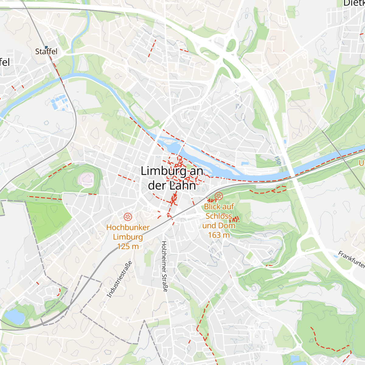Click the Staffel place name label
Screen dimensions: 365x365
[x=46, y=51]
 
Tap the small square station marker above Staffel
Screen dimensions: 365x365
[x=46, y=47]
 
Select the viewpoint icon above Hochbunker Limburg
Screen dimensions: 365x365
[x=128, y=217]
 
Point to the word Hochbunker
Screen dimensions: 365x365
[x=128, y=228]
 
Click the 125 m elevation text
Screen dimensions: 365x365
[x=128, y=246]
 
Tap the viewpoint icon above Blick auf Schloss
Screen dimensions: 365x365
[x=219, y=196]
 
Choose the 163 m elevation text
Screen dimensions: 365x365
[x=219, y=235]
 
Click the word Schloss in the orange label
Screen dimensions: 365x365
[x=219, y=216]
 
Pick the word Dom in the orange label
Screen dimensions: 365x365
[x=228, y=226]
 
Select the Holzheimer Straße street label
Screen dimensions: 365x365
[x=165, y=266]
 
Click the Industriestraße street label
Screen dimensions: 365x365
[x=120, y=279]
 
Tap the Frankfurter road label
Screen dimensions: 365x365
[x=352, y=259]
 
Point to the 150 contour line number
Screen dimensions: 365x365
[x=277, y=160]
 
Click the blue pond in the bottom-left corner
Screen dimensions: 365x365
[x=14, y=317]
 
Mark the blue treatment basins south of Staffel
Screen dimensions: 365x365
[x=60, y=102]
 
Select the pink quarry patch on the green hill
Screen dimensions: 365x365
[x=86, y=179]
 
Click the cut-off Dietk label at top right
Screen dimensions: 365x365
[x=354, y=3]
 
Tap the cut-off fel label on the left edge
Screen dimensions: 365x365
[x=5, y=62]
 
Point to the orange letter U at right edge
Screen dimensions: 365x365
[x=362, y=163]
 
